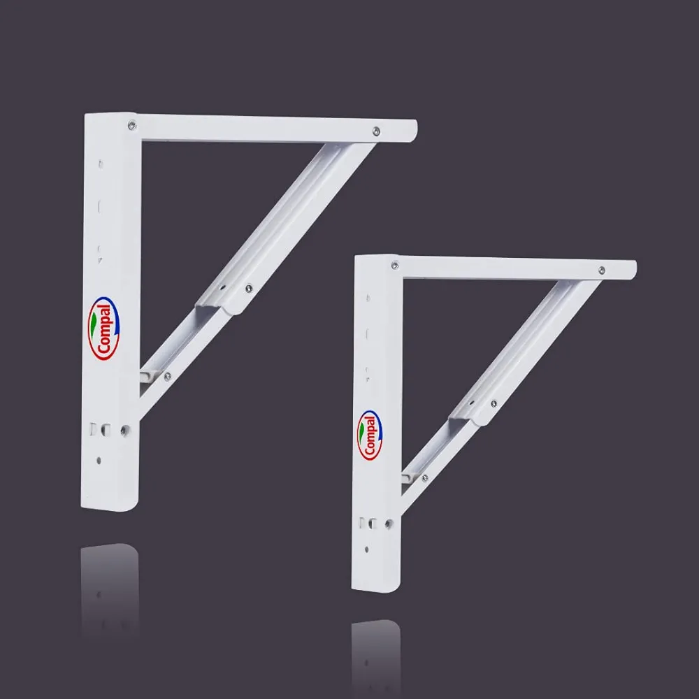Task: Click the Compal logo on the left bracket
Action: (x=103, y=329)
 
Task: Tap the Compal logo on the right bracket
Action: (x=370, y=435)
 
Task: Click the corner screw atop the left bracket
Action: (x=132, y=126)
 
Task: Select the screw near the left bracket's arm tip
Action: (x=376, y=131)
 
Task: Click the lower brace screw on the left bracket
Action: (x=167, y=376)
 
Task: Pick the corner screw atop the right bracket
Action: (x=395, y=266)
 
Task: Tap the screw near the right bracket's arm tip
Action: (x=602, y=270)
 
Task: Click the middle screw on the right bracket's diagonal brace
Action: (x=493, y=403)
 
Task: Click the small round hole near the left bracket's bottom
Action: (x=99, y=460)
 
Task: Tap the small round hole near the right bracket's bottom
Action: (x=367, y=548)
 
